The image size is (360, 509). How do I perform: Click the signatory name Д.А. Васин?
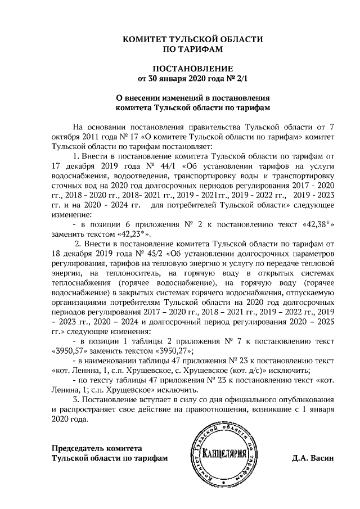click(x=313, y=458)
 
